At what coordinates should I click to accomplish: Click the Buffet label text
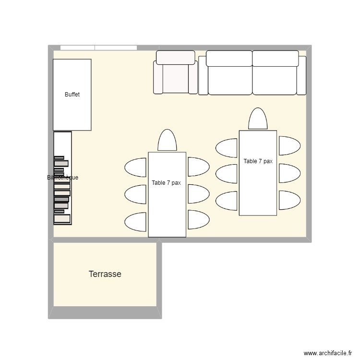72,95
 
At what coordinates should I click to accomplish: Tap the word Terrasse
105,274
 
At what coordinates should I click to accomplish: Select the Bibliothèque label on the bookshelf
62,178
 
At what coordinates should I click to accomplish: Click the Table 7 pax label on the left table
166,183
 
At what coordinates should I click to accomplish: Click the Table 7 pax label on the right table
258,161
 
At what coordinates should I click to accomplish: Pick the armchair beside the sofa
175,77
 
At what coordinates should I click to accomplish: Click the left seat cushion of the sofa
229,79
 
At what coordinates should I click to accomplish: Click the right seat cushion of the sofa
275,79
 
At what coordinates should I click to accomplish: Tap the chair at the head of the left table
167,141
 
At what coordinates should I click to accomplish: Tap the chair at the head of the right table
258,119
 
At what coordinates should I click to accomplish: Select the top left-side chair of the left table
136,167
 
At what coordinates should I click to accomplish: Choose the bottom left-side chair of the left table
136,222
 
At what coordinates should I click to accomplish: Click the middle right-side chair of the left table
198,193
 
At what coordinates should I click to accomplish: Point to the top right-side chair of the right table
289,146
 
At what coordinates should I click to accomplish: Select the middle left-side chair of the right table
227,174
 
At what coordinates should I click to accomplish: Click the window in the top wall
98,48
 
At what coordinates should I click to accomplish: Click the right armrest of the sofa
301,75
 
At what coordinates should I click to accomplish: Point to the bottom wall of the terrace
105,313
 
